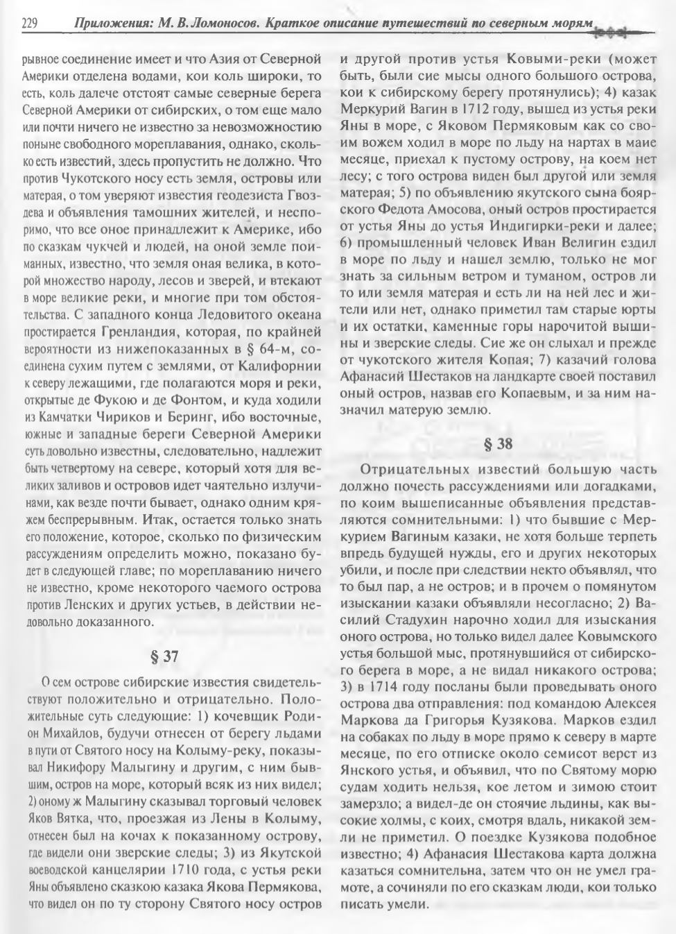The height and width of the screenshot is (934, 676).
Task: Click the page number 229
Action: point(29,24)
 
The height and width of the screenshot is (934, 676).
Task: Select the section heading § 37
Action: point(165,654)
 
